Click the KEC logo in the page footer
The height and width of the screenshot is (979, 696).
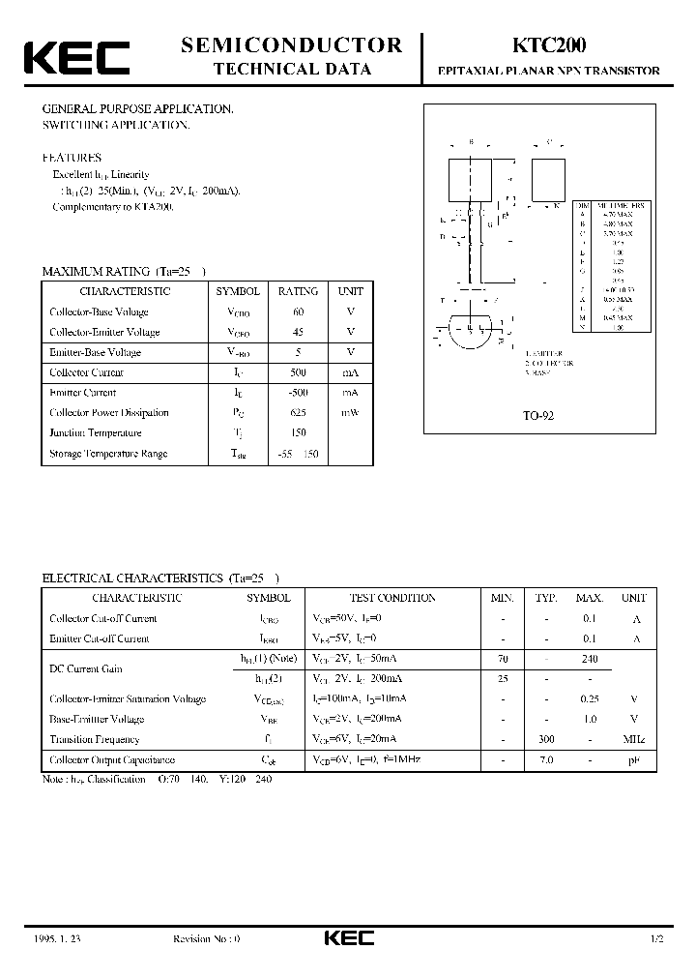pos(348,938)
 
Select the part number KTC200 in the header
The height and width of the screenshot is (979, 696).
pos(543,45)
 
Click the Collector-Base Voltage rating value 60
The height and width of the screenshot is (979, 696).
pos(298,311)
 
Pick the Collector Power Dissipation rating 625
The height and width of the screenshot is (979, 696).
pos(298,413)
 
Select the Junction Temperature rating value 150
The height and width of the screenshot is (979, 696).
pos(298,433)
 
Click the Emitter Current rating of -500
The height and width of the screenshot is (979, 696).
pos(298,393)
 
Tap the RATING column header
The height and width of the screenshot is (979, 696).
pos(298,291)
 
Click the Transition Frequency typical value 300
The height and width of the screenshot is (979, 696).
pos(546,739)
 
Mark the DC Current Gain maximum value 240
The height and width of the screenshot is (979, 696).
pos(589,659)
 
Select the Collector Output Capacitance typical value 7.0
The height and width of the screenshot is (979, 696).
pos(546,761)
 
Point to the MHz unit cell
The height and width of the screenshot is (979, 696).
pos(633,739)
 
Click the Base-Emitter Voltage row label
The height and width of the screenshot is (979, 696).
pos(97,719)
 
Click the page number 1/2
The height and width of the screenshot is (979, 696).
pos(658,938)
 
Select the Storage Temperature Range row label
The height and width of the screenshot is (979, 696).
pos(108,454)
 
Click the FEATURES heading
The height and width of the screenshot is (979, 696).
pos(72,158)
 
